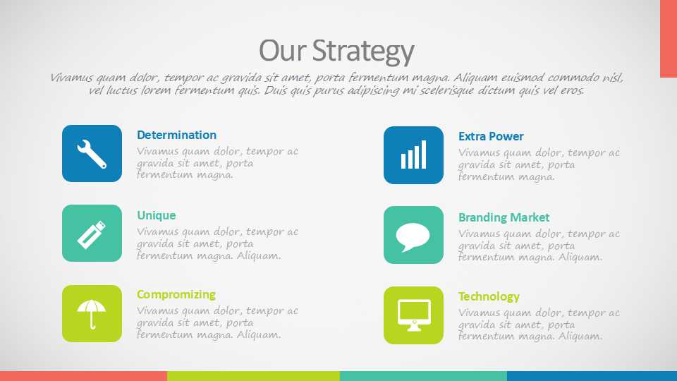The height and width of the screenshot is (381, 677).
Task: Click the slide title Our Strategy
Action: [x=336, y=52]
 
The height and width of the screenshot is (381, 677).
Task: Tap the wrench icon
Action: [x=92, y=154]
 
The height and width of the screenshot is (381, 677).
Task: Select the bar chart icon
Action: [x=414, y=155]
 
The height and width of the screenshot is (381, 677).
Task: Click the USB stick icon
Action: [x=92, y=234]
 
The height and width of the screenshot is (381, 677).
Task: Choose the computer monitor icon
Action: [x=414, y=315]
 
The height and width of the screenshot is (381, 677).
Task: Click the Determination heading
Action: [x=176, y=135]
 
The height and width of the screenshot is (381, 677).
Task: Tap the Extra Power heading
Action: [x=491, y=136]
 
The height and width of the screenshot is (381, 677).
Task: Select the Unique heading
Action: [x=157, y=216]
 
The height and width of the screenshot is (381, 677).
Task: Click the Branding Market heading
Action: [x=504, y=217]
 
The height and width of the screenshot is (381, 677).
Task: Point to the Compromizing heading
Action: [x=176, y=295]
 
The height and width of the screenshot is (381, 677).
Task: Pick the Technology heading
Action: [x=489, y=297]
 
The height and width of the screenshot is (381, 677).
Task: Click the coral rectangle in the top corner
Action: [x=669, y=39]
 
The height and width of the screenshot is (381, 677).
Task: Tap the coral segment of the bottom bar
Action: [x=83, y=376]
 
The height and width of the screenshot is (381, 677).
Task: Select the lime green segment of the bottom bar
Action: [x=253, y=376]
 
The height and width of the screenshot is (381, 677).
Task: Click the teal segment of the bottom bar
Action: [x=424, y=376]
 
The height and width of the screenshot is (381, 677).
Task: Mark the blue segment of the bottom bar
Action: [x=592, y=376]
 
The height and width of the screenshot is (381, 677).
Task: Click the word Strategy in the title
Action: [x=363, y=52]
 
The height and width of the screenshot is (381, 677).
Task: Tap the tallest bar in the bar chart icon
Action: [x=424, y=155]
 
